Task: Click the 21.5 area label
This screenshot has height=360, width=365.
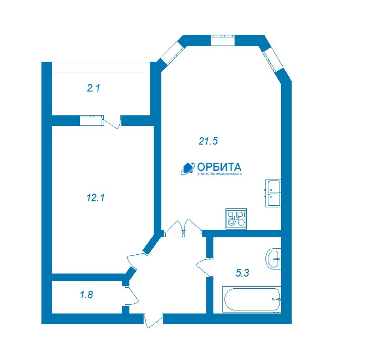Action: click(208, 141)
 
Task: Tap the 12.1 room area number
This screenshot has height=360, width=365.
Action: click(96, 198)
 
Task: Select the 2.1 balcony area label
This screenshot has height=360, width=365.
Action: click(93, 88)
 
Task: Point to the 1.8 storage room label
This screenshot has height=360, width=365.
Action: click(86, 295)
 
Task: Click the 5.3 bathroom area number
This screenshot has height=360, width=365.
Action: click(242, 273)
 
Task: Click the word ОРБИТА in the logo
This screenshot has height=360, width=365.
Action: click(219, 167)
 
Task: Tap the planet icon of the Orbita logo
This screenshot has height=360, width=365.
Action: click(188, 168)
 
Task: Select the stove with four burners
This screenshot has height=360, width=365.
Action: click(236, 219)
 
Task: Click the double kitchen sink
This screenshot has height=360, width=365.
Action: click(273, 194)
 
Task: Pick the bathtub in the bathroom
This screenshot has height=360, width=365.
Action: click(252, 299)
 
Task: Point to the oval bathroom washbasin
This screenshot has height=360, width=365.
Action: click(273, 259)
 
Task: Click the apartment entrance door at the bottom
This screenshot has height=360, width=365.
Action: click(153, 321)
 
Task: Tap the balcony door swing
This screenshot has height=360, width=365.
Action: click(113, 122)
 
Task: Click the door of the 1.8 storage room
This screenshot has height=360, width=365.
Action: click(132, 295)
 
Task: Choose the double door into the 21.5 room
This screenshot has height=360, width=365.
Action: click(183, 228)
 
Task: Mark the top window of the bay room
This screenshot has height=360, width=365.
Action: click(222, 41)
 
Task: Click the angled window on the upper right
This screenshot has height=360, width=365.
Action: click(273, 60)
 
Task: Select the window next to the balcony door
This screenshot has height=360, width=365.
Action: click(92, 120)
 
